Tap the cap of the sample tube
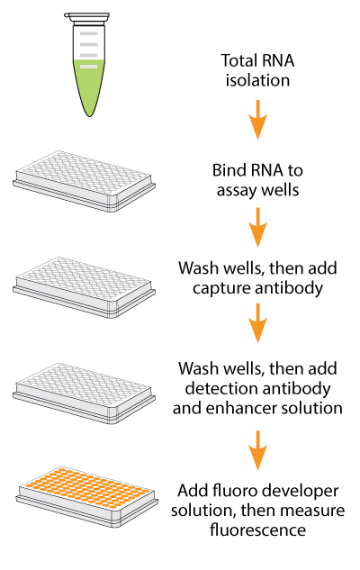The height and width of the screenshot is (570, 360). pyautogui.click(x=86, y=17)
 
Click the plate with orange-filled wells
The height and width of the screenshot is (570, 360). pyautogui.click(x=86, y=496)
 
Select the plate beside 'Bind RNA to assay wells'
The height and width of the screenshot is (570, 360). pyautogui.click(x=84, y=181)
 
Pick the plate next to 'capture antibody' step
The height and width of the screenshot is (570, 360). pyautogui.click(x=84, y=287)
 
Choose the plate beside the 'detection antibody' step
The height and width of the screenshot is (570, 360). pyautogui.click(x=84, y=393)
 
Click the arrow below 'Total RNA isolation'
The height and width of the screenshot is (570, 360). pyautogui.click(x=258, y=120)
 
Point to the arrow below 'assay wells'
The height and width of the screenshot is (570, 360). pyautogui.click(x=258, y=227)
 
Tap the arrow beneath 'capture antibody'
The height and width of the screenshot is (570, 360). pyautogui.click(x=258, y=323)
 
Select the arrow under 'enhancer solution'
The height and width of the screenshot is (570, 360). pyautogui.click(x=258, y=450)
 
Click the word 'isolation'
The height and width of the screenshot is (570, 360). pyautogui.click(x=257, y=80)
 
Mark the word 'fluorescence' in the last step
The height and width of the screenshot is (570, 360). pyautogui.click(x=258, y=530)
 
